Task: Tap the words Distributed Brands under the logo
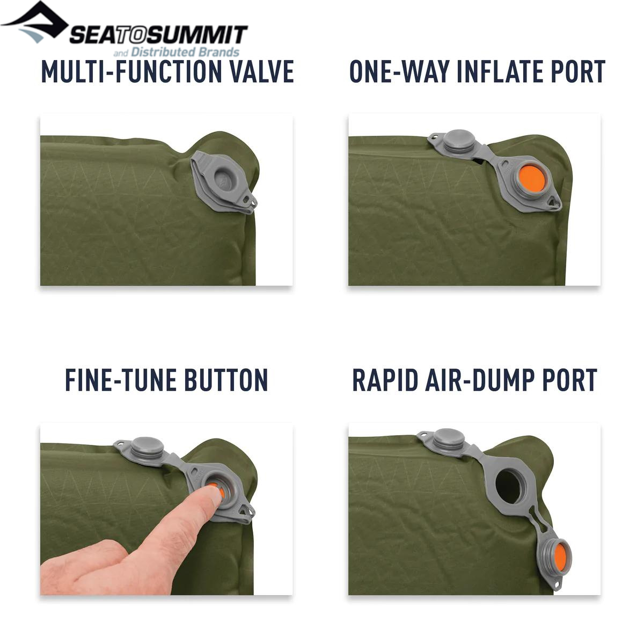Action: pyautogui.click(x=185, y=52)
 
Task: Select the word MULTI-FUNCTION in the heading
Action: pyautogui.click(x=131, y=71)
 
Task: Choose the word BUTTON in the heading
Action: pyautogui.click(x=226, y=380)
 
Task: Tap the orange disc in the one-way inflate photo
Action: pyautogui.click(x=532, y=179)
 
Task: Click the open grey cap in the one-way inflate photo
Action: pyautogui.click(x=459, y=141)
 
